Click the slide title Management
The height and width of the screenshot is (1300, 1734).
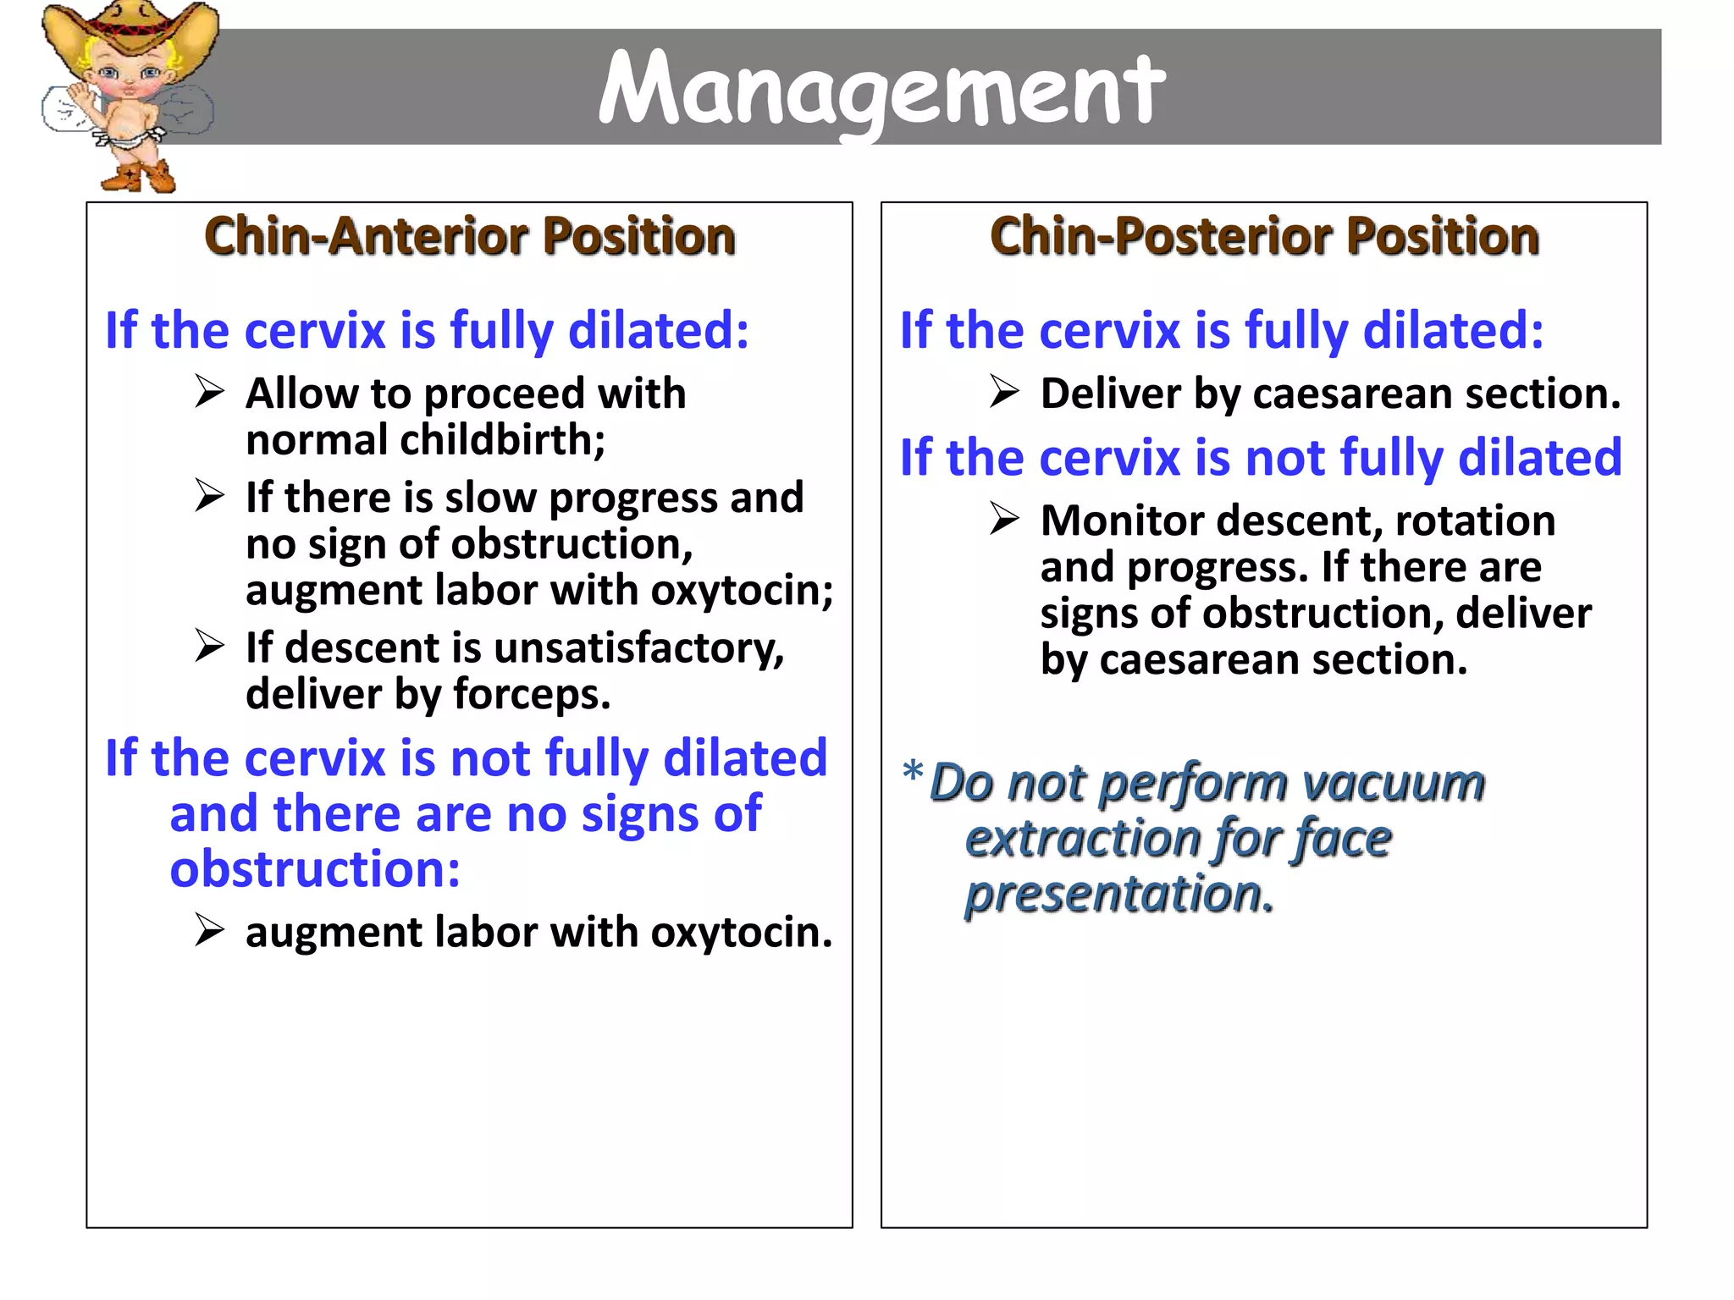coord(881,88)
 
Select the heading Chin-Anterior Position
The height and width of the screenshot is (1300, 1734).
coord(470,236)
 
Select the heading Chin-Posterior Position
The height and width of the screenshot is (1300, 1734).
coord(1264,236)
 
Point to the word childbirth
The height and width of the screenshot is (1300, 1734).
coord(502,440)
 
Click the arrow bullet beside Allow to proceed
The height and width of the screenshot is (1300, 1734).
coord(209,392)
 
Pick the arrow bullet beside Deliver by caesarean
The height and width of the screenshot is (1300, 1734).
coord(1004,392)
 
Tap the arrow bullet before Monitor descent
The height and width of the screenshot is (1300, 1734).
coord(1004,519)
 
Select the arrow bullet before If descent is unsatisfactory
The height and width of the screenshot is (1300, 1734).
coord(209,647)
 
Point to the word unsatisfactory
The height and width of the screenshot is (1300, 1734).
coord(638,648)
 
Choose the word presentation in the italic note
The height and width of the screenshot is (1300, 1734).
coord(1119,895)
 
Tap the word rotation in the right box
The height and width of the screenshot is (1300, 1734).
coord(1475,521)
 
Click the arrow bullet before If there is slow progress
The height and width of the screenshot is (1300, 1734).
coord(209,496)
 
